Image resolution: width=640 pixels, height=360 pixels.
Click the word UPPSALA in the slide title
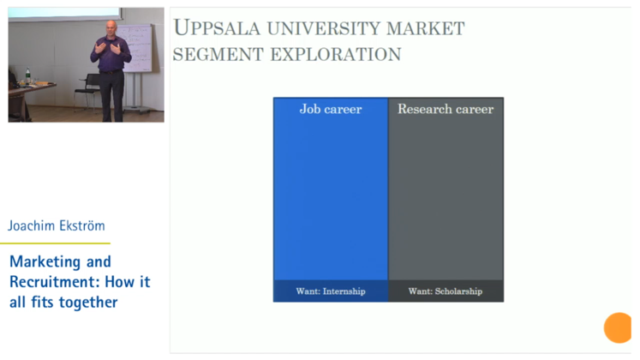tap(216, 28)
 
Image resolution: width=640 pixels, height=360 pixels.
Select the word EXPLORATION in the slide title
tap(336, 54)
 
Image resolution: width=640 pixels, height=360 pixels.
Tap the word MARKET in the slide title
tap(425, 28)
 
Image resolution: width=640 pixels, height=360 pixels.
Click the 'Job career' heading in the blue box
tap(331, 109)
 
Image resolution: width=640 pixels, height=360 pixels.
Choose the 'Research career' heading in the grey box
tap(446, 109)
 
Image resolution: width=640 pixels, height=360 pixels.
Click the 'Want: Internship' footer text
tap(331, 291)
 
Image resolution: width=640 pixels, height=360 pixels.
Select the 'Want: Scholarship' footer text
tap(446, 291)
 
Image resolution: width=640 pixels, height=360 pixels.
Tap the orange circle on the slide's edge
tap(619, 327)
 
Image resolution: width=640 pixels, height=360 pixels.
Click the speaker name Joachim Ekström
tap(57, 225)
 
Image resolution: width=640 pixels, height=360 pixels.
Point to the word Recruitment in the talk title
tap(55, 282)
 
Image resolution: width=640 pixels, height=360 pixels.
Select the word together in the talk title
tap(88, 302)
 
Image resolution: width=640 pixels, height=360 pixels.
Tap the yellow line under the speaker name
tap(55, 243)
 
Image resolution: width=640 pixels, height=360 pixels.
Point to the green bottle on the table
tap(27, 76)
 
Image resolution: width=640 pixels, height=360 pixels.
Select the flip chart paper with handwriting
tap(137, 48)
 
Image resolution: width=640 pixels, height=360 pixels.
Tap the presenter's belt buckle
tap(110, 72)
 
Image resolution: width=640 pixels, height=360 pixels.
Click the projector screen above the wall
tap(65, 14)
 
